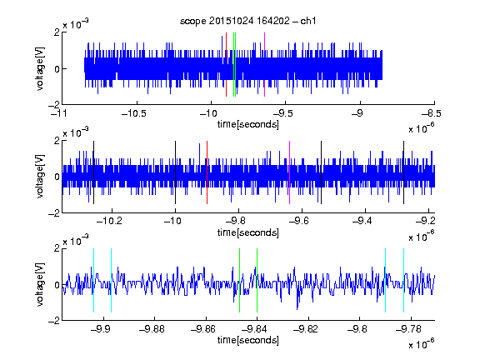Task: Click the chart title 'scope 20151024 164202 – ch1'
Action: (247, 21)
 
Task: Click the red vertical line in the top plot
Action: (226, 65)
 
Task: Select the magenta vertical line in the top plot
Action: (264, 65)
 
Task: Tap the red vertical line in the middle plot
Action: (207, 172)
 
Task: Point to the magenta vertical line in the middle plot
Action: (290, 172)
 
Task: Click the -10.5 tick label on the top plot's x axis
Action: (134, 114)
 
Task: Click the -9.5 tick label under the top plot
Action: (282, 114)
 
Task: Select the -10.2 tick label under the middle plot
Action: (109, 221)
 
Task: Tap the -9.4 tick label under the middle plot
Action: (362, 221)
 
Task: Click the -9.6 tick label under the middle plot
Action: (299, 221)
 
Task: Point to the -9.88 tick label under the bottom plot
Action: (152, 329)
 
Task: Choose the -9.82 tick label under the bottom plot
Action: (306, 329)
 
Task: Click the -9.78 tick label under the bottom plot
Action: (408, 329)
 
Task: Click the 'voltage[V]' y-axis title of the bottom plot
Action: (40, 284)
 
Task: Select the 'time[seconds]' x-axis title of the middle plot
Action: (248, 232)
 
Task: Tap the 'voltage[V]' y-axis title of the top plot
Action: (40, 68)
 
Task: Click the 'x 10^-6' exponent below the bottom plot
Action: (422, 343)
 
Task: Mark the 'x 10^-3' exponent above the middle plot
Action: (76, 132)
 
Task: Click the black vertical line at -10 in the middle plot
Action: (175, 172)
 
